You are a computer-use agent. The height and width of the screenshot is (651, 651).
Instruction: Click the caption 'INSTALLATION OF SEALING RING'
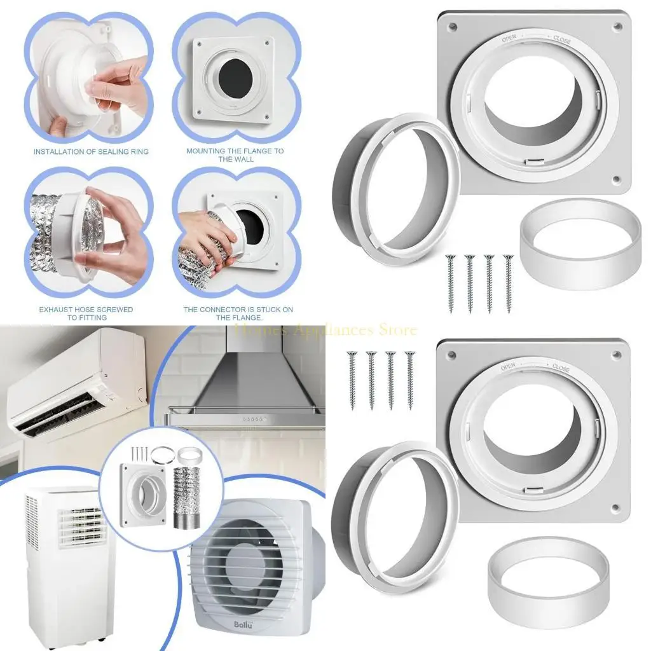click(91, 151)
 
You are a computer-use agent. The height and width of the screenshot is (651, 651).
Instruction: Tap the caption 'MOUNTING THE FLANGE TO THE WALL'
click(235, 154)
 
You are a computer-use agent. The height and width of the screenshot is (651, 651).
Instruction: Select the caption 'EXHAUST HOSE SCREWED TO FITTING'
click(86, 313)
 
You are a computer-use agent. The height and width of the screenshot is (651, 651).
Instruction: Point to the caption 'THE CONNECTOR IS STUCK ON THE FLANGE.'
click(238, 313)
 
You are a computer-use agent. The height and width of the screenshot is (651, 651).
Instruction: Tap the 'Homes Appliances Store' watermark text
click(326, 330)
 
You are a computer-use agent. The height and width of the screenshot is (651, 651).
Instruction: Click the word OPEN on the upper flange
click(509, 38)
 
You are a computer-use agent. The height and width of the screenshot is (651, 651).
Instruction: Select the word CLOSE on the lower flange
click(561, 367)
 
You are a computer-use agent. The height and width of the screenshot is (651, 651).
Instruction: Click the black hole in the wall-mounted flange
click(235, 79)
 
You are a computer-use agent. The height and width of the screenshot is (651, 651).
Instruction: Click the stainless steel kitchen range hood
click(254, 388)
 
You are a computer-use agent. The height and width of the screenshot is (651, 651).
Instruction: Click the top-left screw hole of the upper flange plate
click(452, 27)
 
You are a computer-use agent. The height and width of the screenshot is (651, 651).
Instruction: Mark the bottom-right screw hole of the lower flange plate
click(615, 507)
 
